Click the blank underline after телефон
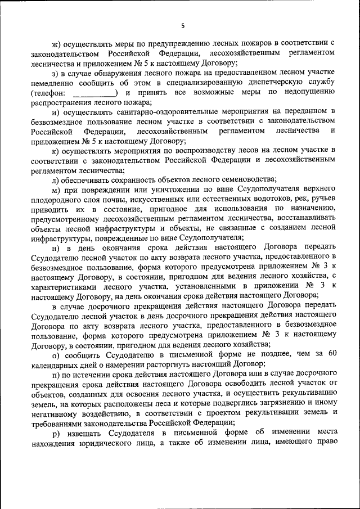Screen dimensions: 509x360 click(x=95, y=92)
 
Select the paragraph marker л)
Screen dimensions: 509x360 click(x=55, y=179)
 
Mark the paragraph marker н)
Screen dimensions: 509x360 click(x=55, y=247)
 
